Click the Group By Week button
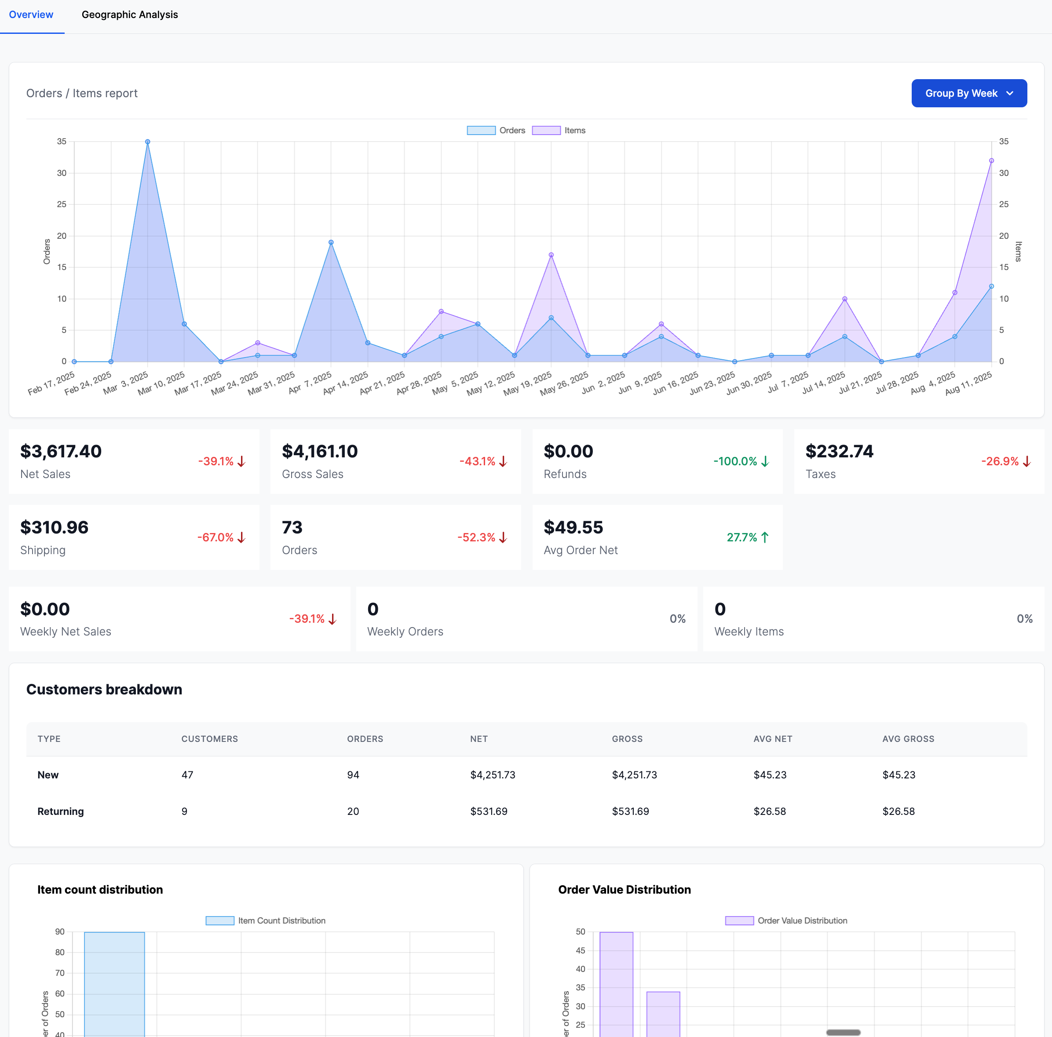pyautogui.click(x=969, y=93)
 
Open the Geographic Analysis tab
pyautogui.click(x=130, y=15)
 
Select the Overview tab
pyautogui.click(x=31, y=15)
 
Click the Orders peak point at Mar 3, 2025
pyautogui.click(x=148, y=142)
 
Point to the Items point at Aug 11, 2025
pyautogui.click(x=991, y=161)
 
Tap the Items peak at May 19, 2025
pyautogui.click(x=551, y=255)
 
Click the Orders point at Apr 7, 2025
pyautogui.click(x=331, y=242)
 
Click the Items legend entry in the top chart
pyautogui.click(x=559, y=131)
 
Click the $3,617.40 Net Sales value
pyautogui.click(x=61, y=451)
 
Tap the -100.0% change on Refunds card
pyautogui.click(x=735, y=461)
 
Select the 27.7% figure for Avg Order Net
pyautogui.click(x=742, y=537)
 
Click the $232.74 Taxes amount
pyautogui.click(x=839, y=451)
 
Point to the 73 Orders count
pyautogui.click(x=292, y=527)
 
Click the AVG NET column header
pyautogui.click(x=773, y=739)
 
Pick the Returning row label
pyautogui.click(x=60, y=811)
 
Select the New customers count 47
pyautogui.click(x=187, y=774)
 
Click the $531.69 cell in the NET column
pyautogui.click(x=489, y=811)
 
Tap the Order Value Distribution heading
pyautogui.click(x=624, y=890)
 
